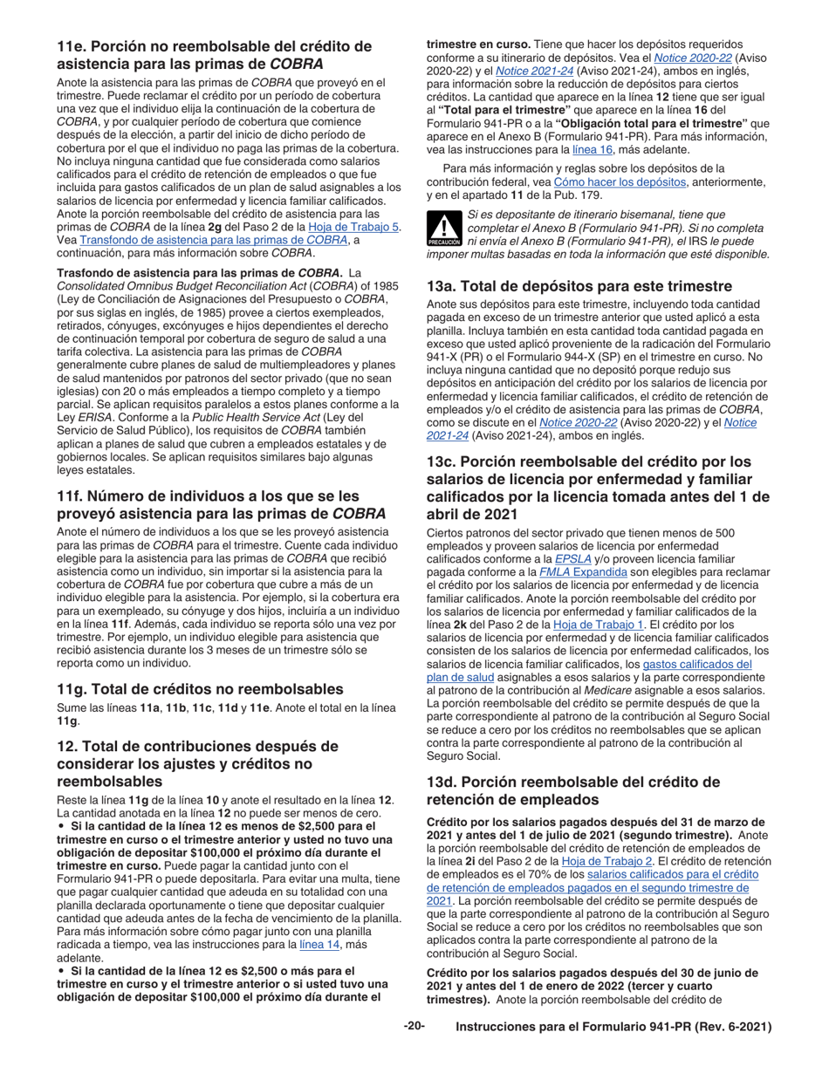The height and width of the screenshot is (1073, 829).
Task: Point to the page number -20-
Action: (x=414, y=1027)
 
